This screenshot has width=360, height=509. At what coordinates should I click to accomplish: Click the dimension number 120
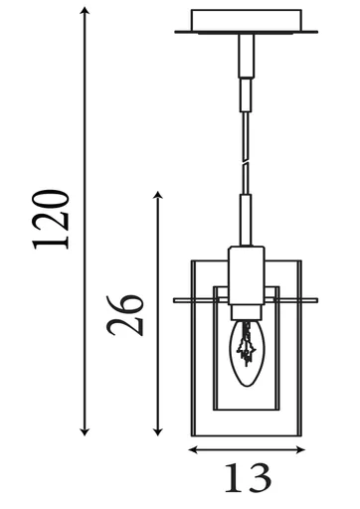52,217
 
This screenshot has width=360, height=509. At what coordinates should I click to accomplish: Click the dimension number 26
127,315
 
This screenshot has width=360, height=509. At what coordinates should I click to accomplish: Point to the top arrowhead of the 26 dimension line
157,192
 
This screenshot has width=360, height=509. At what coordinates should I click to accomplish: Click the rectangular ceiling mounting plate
244,21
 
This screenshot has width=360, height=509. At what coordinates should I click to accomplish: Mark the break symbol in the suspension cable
245,158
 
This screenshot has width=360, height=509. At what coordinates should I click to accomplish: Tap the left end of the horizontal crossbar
176,298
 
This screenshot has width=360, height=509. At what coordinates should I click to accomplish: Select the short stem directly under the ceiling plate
244,54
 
